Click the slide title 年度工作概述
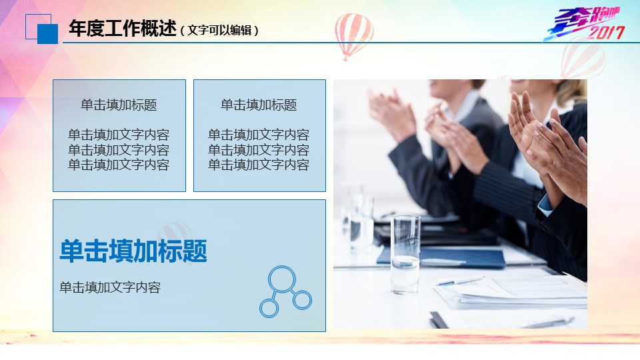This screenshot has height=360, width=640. click(123, 29)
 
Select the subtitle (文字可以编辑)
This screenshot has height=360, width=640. click(219, 30)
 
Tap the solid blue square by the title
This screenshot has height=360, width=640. click(47, 34)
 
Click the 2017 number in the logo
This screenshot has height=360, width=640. click(606, 32)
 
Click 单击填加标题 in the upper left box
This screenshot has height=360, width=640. click(119, 105)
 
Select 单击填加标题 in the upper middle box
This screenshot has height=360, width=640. click(259, 105)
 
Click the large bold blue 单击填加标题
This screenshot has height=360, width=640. click(133, 251)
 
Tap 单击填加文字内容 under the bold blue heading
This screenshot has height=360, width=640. click(110, 287)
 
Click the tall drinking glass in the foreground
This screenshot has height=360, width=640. click(405, 254)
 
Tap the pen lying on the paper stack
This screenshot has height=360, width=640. click(460, 281)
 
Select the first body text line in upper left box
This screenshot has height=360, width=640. click(119, 134)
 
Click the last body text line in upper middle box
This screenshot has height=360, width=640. click(259, 165)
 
